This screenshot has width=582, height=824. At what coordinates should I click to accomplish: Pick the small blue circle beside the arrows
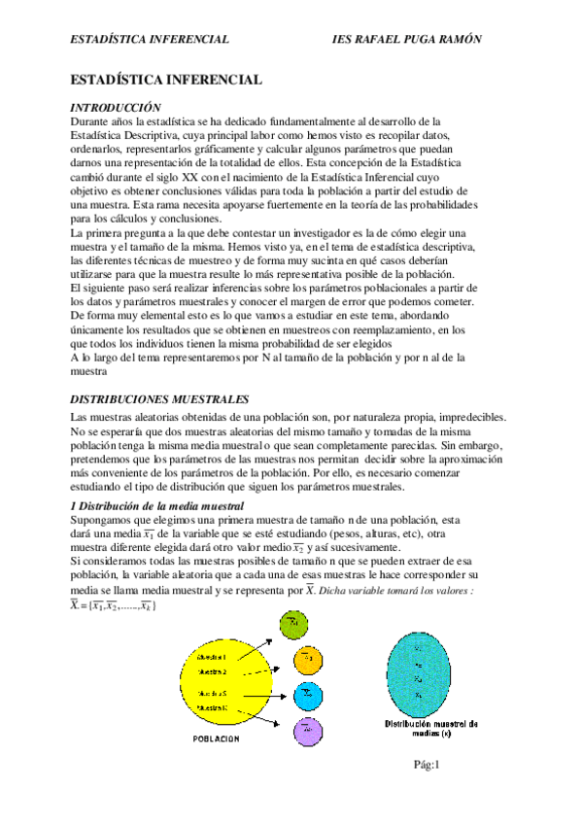pos(306,694)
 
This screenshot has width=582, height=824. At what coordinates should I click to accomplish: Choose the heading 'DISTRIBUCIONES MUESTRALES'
pos(162,399)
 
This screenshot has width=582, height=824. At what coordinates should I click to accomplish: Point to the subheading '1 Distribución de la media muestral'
pos(157,507)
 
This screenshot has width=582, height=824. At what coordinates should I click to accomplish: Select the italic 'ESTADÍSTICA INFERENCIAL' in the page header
pos(151,39)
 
